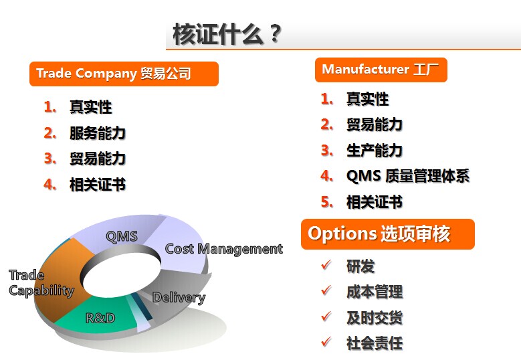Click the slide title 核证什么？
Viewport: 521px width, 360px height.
(227, 34)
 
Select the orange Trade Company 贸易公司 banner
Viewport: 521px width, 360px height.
(124, 74)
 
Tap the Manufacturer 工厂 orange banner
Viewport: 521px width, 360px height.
(381, 70)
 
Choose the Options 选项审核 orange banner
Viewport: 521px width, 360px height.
(388, 234)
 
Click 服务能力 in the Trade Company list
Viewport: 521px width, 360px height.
(98, 133)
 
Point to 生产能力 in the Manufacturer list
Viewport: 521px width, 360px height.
(375, 151)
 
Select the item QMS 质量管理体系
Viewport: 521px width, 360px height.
(408, 176)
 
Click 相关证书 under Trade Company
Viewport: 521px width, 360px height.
(98, 185)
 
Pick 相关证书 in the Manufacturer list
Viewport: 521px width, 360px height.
(375, 202)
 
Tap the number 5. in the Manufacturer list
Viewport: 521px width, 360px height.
(327, 202)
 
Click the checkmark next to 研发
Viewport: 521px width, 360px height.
(326, 264)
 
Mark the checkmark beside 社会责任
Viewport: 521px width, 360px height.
(326, 342)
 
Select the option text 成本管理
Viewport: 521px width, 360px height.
(375, 292)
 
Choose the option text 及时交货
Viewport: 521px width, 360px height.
(375, 317)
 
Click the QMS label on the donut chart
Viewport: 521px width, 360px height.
(122, 236)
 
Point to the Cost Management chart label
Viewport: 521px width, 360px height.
(223, 249)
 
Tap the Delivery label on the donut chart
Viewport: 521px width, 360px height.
(179, 298)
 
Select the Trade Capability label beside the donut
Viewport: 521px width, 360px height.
(41, 283)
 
